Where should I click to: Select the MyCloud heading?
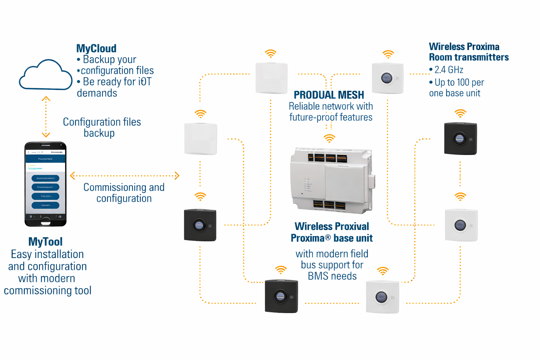point(96,49)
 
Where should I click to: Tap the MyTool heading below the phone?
point(45,242)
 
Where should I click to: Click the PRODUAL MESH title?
point(329,95)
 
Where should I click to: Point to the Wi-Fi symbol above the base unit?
point(329,139)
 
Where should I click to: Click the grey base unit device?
point(330,180)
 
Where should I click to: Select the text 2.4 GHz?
point(449,70)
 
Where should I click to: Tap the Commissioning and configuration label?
point(124,193)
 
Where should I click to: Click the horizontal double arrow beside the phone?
point(125,175)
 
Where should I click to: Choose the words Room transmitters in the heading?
point(469,57)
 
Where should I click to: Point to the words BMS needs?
point(332,276)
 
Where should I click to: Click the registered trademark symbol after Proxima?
point(328,238)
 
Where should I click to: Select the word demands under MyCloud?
point(97,93)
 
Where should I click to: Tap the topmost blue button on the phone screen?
point(45,178)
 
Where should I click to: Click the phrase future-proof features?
point(330,117)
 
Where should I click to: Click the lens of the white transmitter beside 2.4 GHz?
point(387,78)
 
